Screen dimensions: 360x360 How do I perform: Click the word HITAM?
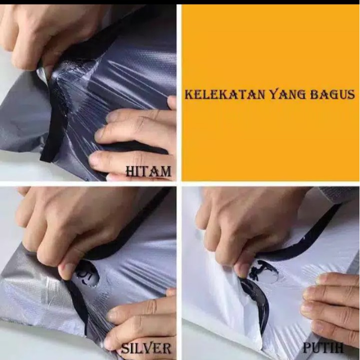click(148, 172)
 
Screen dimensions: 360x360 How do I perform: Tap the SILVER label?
click(145, 348)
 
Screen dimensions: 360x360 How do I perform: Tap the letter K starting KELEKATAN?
click(189, 94)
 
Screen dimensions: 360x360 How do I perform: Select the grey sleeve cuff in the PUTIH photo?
click(340, 194)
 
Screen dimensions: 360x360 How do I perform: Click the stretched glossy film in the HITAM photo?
click(100, 85)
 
